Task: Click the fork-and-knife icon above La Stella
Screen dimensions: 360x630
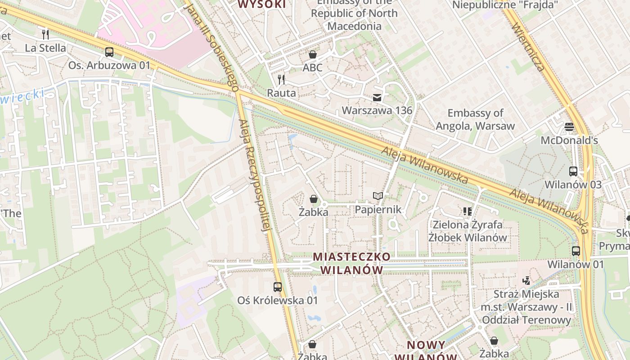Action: click(45, 34)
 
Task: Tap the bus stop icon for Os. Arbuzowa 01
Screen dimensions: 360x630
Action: click(109, 52)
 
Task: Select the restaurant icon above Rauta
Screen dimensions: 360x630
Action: click(281, 80)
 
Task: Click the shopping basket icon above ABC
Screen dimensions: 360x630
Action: click(312, 54)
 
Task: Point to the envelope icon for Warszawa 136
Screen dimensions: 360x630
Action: click(377, 97)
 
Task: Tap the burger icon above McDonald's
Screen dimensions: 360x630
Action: click(569, 127)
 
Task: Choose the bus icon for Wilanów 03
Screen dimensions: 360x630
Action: click(573, 171)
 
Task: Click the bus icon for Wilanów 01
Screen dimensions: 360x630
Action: click(576, 251)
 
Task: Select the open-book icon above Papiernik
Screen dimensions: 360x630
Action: click(378, 196)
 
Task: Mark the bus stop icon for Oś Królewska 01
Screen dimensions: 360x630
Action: click(278, 287)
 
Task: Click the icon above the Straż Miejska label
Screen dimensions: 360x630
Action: click(526, 281)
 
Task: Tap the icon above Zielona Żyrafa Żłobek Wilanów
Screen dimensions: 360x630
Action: click(467, 211)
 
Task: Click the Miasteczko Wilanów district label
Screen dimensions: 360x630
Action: click(352, 263)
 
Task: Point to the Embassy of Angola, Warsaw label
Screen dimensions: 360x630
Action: click(475, 119)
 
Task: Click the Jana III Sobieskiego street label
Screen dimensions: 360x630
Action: click(211, 45)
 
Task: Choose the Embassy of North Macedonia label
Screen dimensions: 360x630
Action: click(355, 13)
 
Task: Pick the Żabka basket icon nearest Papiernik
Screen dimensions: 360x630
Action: click(313, 198)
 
